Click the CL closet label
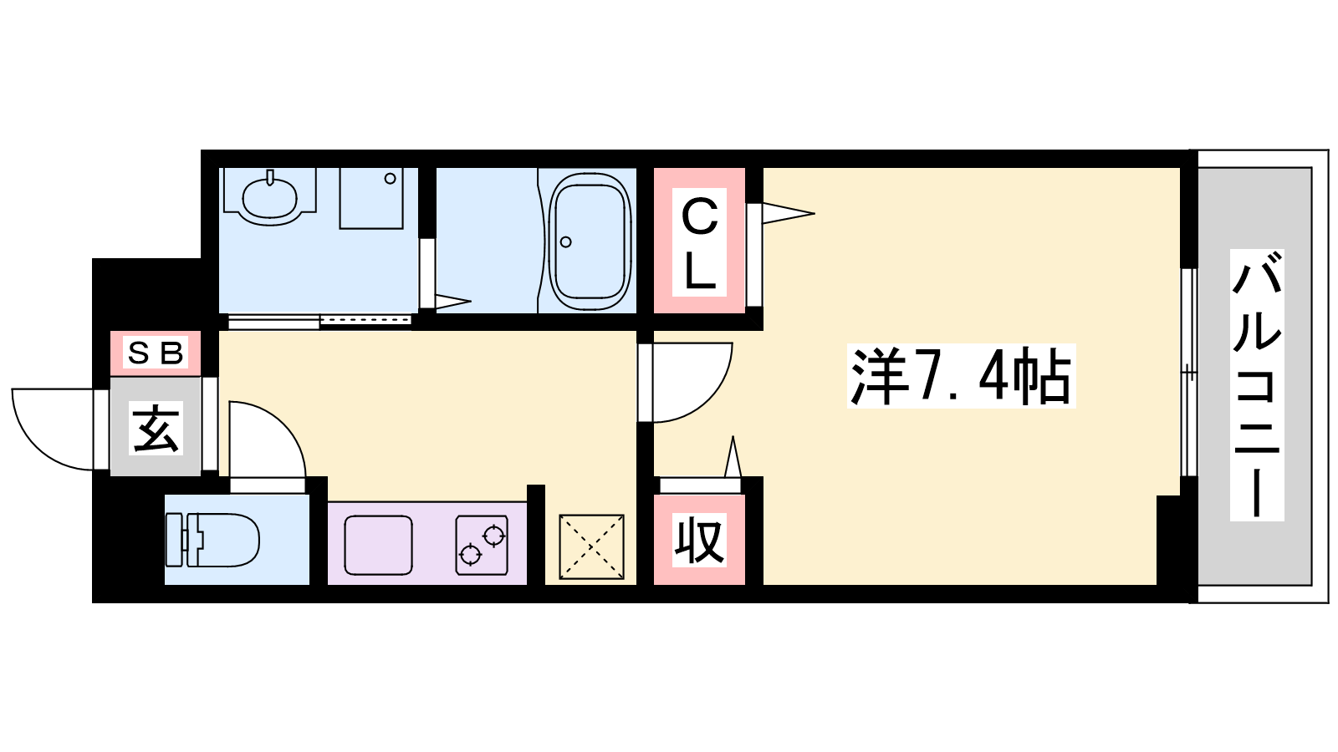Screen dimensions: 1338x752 pyautogui.click(x=699, y=242)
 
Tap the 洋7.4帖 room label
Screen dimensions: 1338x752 pyautogui.click(x=961, y=376)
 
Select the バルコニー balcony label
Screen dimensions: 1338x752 pyautogui.click(x=1257, y=385)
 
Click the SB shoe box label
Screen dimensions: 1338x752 pyautogui.click(x=156, y=353)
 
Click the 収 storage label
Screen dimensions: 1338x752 pyautogui.click(x=699, y=540)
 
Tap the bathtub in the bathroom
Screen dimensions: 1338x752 pyautogui.click(x=590, y=241)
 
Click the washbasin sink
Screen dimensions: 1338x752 pyautogui.click(x=270, y=197)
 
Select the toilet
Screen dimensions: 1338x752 pyautogui.click(x=212, y=540)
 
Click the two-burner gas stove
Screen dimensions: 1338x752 pyautogui.click(x=482, y=546)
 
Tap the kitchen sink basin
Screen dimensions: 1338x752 pyautogui.click(x=378, y=546)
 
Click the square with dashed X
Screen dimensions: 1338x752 pyautogui.click(x=591, y=546)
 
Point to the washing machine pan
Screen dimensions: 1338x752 pyautogui.click(x=371, y=198)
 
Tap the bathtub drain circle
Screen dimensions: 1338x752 pyautogui.click(x=565, y=241)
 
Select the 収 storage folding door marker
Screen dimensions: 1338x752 pyautogui.click(x=733, y=456)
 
